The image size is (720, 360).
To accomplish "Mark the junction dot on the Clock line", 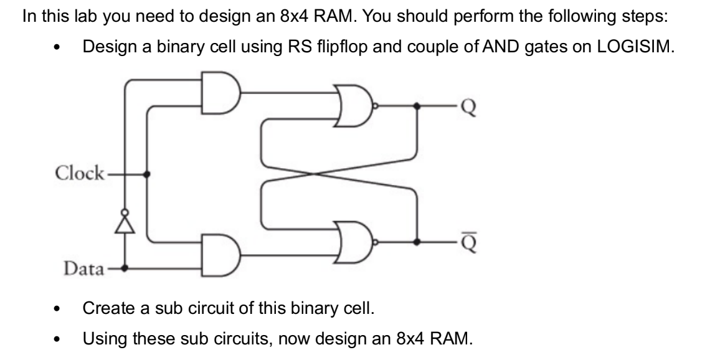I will (147, 174).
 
